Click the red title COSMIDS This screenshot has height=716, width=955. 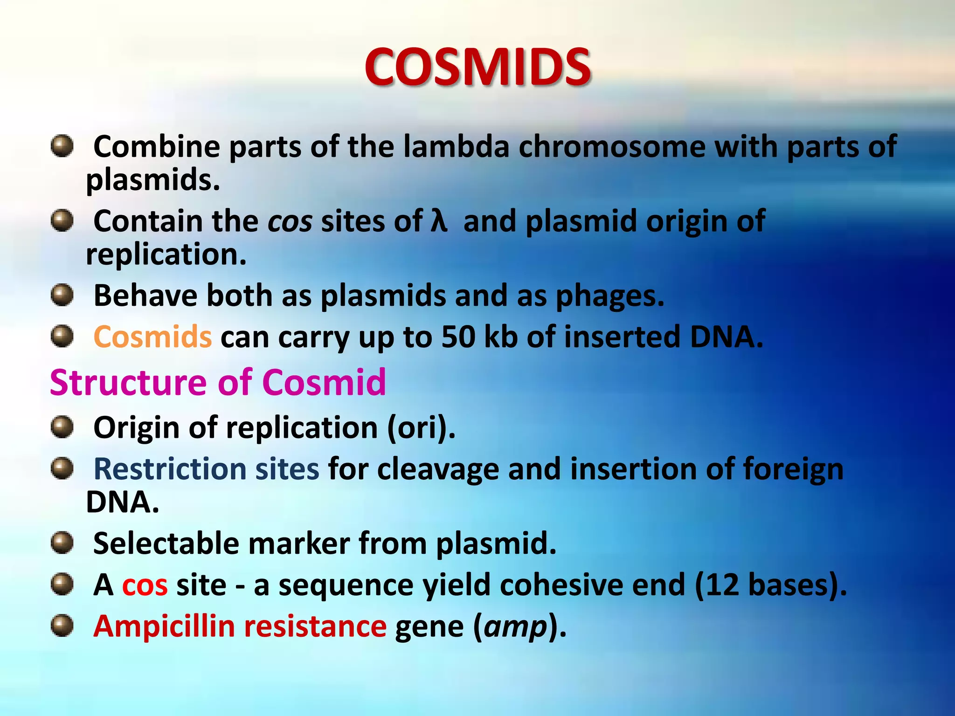point(477,68)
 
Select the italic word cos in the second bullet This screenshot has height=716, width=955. point(290,222)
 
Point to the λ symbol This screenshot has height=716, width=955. point(439,221)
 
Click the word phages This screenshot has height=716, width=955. point(609,296)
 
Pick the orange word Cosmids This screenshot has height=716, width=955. point(152,337)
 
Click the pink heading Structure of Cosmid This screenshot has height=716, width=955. point(218,383)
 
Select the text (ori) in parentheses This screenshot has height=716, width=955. point(421,428)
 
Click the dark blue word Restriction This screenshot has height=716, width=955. point(170,469)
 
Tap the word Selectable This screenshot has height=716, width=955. point(166,544)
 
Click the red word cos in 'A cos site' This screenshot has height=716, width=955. point(145,585)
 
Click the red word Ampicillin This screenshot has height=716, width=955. point(164,626)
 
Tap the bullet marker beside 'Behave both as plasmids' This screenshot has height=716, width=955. point(62,296)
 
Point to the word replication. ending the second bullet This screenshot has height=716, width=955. point(166,255)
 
